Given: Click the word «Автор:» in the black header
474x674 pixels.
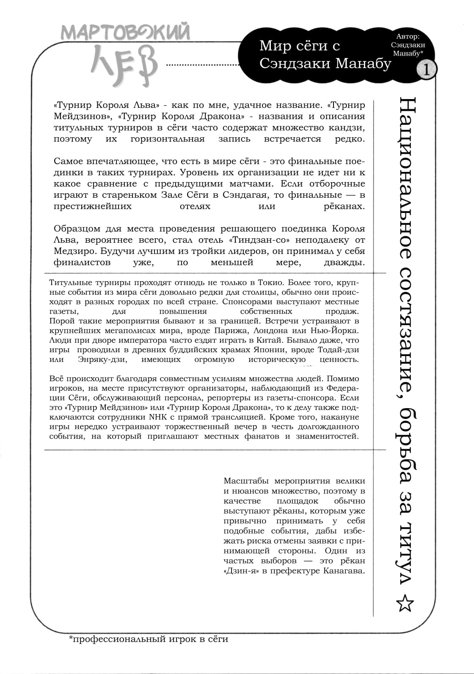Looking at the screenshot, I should pos(408,36).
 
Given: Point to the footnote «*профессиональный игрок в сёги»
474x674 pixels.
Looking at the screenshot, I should pos(149,639).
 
